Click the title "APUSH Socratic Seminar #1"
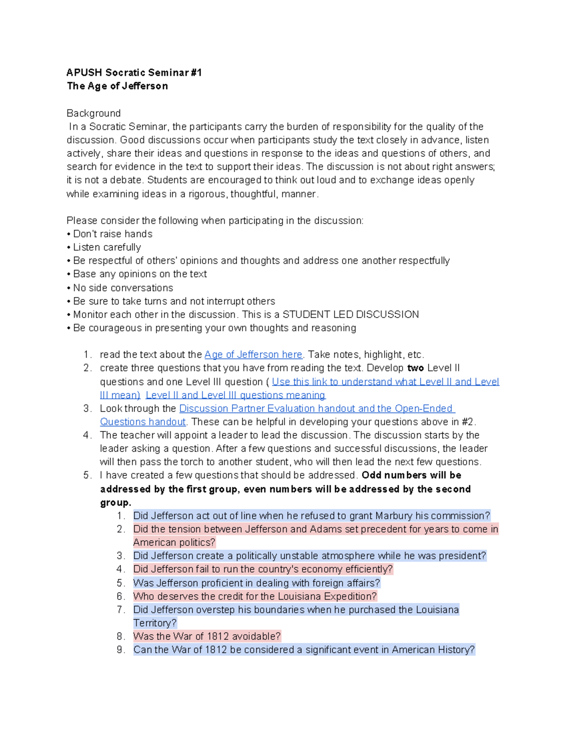click(x=134, y=72)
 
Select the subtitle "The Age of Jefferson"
click(x=117, y=86)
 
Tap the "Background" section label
click(x=94, y=113)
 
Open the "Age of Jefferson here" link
click(x=253, y=354)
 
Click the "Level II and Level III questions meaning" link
click(x=235, y=395)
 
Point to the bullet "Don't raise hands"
click(x=112, y=234)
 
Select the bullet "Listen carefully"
click(x=107, y=247)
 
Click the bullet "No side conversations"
click(x=123, y=288)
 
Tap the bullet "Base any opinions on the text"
click(x=140, y=274)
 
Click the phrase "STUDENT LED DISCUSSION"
click(x=351, y=315)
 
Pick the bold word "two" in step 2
click(x=415, y=368)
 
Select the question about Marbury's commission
click(x=311, y=516)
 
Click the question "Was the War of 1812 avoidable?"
click(x=207, y=636)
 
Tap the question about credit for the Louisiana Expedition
click(x=255, y=597)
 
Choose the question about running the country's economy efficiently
click(x=263, y=569)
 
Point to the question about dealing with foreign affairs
click(x=257, y=583)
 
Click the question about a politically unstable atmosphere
click(x=309, y=556)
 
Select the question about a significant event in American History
click(x=304, y=650)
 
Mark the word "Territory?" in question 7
click(x=155, y=623)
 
